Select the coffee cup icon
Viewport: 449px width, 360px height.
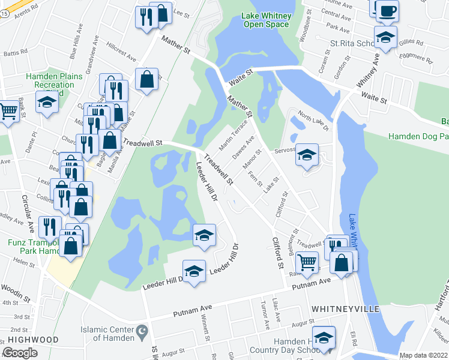coord(387,10)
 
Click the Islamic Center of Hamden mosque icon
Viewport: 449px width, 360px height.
coord(142,331)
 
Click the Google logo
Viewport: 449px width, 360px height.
coord(20,353)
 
